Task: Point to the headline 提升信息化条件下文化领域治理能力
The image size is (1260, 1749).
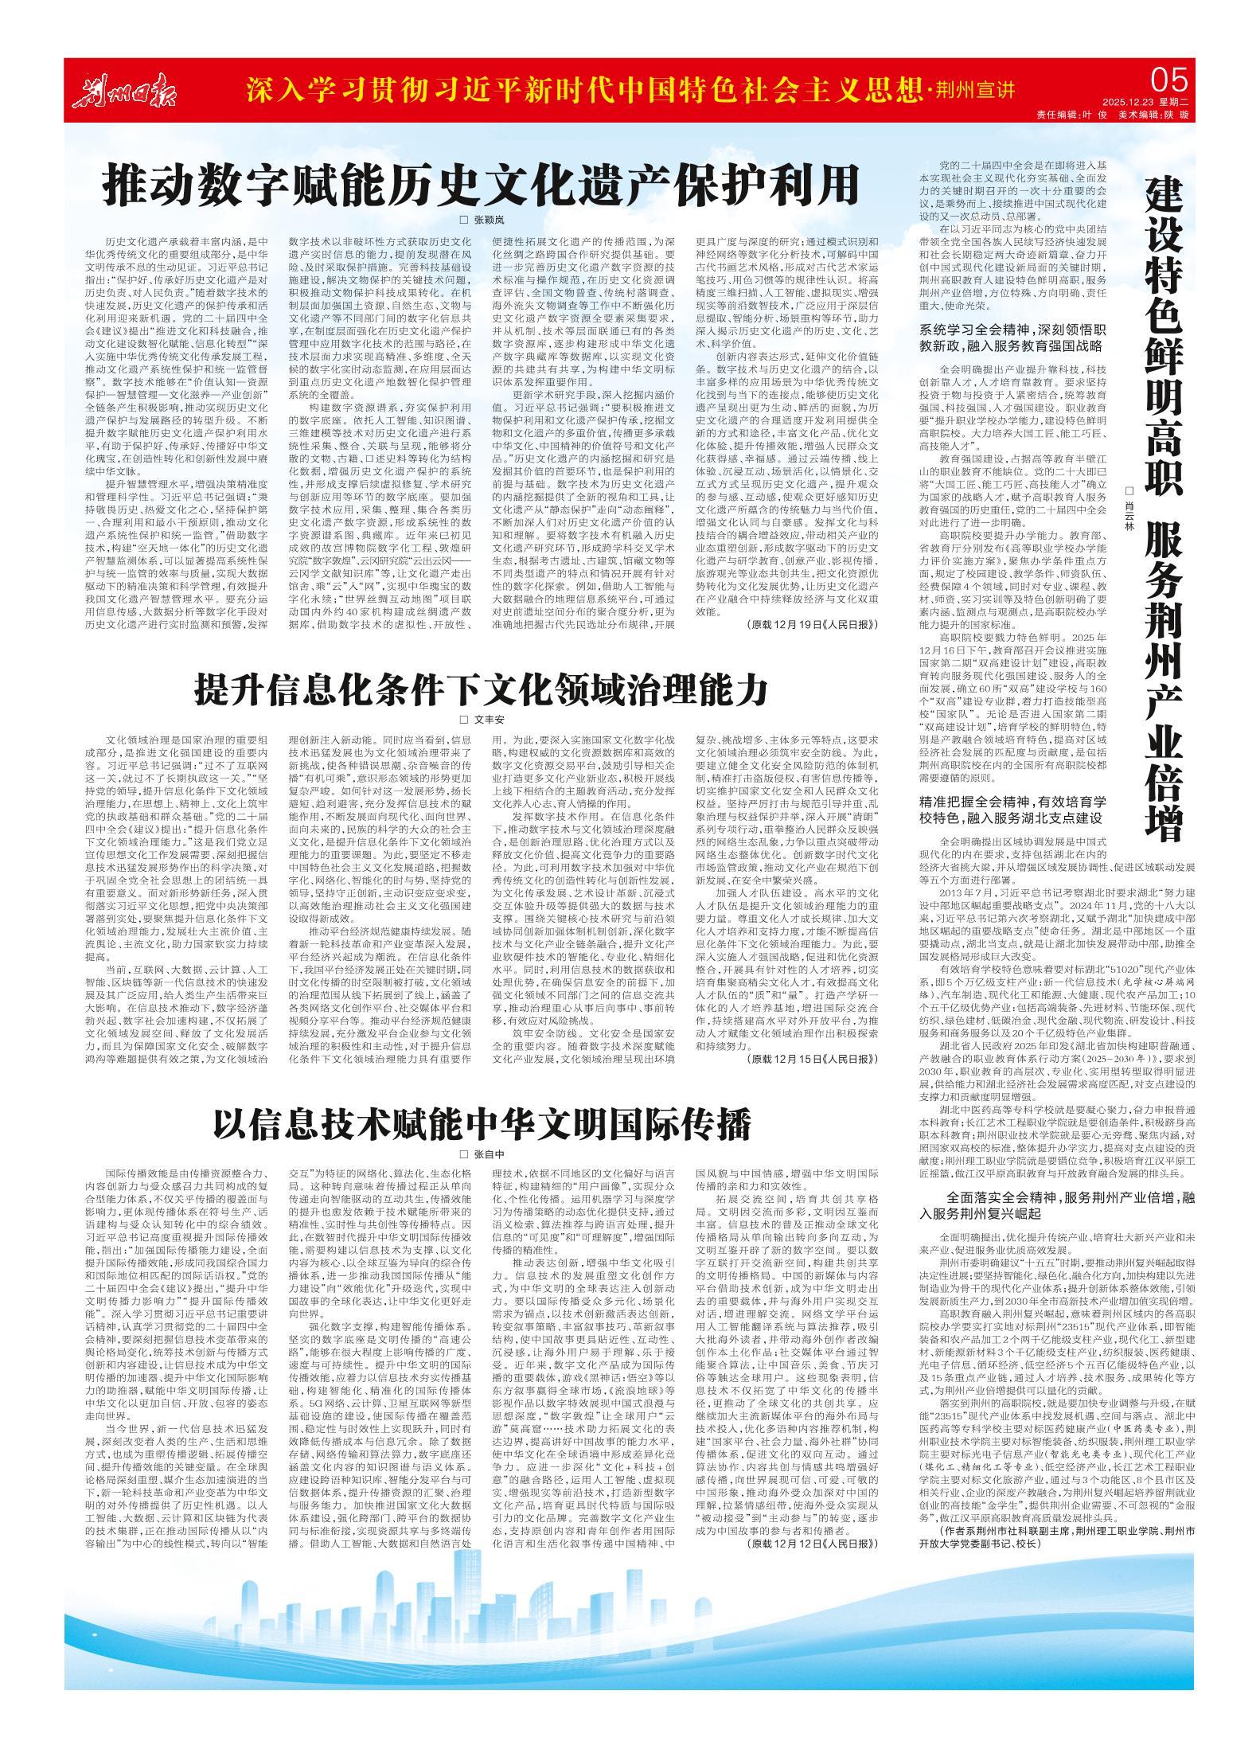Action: click(x=482, y=690)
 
